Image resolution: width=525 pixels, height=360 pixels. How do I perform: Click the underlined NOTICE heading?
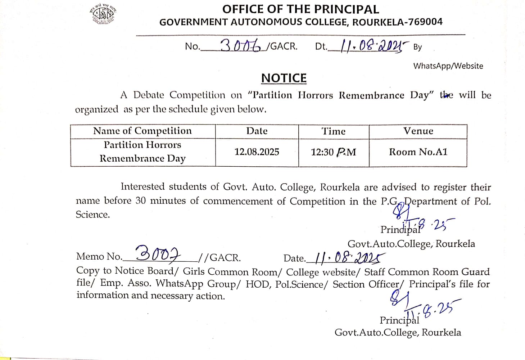coord(284,78)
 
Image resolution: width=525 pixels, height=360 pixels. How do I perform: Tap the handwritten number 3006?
coord(240,45)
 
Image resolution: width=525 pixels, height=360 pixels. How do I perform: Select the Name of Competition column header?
coord(142,131)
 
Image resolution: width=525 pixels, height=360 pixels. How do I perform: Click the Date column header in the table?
coord(257,131)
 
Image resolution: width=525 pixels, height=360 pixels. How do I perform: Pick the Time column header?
coord(334,131)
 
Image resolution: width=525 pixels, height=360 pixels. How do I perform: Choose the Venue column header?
coord(418,131)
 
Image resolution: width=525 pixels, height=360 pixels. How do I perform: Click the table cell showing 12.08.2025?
coord(257,152)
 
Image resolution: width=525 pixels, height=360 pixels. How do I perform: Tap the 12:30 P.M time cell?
coord(334,152)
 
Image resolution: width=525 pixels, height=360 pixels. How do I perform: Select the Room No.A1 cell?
coord(418,152)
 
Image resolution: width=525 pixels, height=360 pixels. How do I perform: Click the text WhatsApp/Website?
coord(448,66)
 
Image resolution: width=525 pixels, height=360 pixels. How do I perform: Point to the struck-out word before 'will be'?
coord(447,95)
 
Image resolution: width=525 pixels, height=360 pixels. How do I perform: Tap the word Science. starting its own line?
coord(92,215)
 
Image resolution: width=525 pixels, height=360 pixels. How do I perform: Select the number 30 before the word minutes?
coord(141,201)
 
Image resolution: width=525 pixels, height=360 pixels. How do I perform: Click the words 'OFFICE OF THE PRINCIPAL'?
coord(300,9)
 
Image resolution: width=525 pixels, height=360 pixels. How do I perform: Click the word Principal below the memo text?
coord(399,320)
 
